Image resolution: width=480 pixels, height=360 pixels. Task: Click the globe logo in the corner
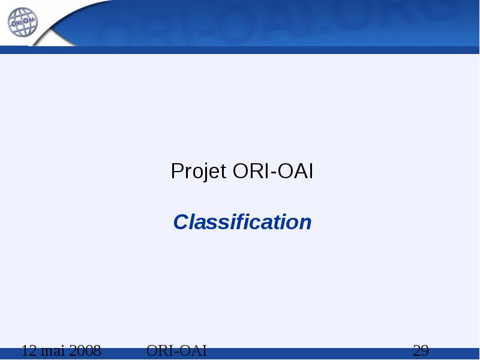click(23, 22)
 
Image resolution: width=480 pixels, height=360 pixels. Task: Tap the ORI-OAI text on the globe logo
click(23, 22)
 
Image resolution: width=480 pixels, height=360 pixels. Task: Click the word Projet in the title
click(199, 171)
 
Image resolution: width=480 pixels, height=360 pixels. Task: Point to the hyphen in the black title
click(273, 173)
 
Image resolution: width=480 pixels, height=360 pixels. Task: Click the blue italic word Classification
click(242, 221)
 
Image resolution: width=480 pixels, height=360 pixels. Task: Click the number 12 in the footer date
click(29, 350)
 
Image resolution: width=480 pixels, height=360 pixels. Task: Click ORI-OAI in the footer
click(176, 350)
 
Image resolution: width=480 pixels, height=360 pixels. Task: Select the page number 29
click(421, 350)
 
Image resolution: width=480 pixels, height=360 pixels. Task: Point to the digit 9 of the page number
click(425, 350)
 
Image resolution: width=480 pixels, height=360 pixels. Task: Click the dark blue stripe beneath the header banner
click(240, 50)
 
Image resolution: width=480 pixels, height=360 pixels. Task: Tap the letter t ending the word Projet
click(223, 172)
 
